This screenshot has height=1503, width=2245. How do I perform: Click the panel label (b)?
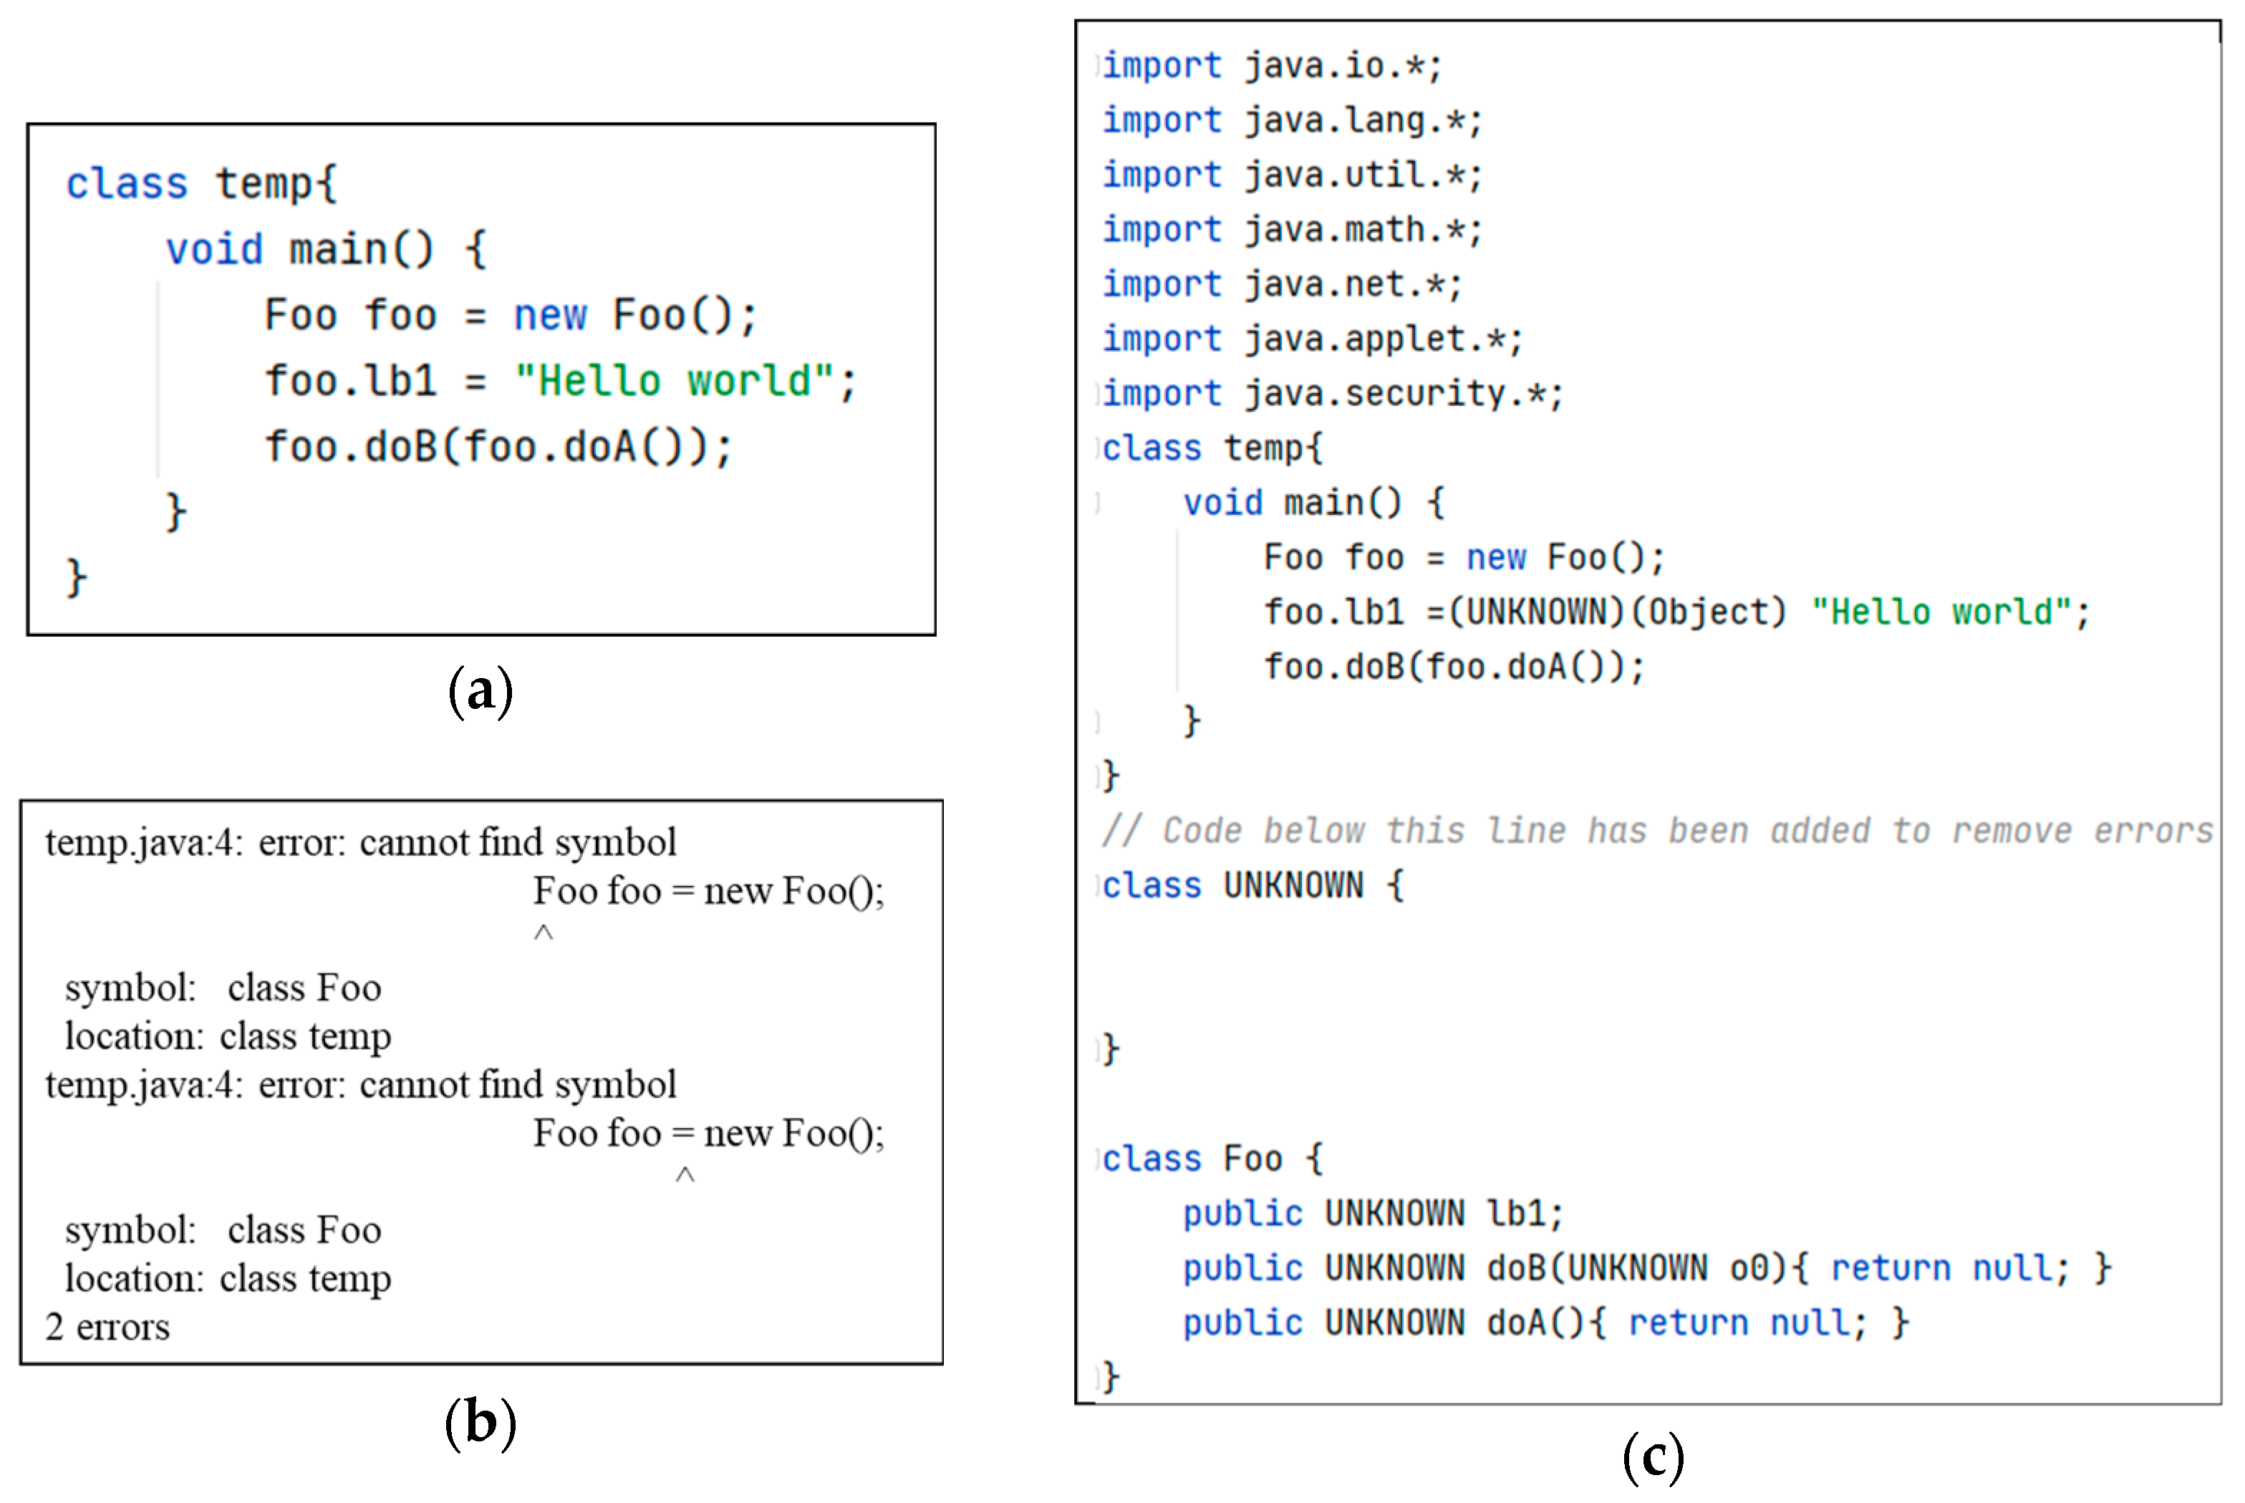tap(481, 1423)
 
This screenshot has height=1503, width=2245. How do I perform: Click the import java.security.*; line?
tap(1333, 394)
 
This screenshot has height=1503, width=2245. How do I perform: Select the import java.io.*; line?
tap(1271, 66)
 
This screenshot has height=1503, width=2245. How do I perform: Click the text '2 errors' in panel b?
tap(107, 1328)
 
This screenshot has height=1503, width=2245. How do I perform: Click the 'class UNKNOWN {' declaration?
tap(1252, 886)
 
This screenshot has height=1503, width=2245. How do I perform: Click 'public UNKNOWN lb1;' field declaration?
tap(1373, 1214)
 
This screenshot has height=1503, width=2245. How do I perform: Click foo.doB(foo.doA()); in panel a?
tap(498, 448)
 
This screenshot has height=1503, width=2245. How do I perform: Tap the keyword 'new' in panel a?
tap(549, 315)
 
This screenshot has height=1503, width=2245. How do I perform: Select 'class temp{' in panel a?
tap(201, 183)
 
